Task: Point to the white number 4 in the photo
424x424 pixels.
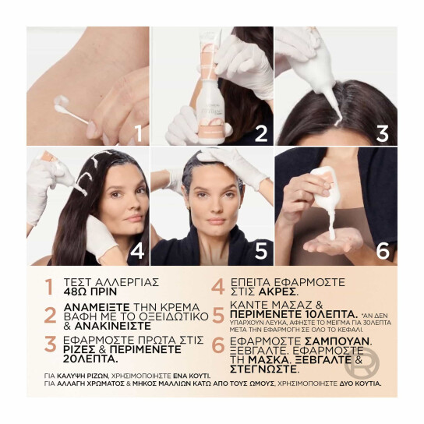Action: [137, 252]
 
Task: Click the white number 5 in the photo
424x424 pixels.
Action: [260, 252]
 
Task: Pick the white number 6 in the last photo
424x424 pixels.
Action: [382, 252]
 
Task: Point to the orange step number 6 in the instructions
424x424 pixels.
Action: [217, 347]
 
